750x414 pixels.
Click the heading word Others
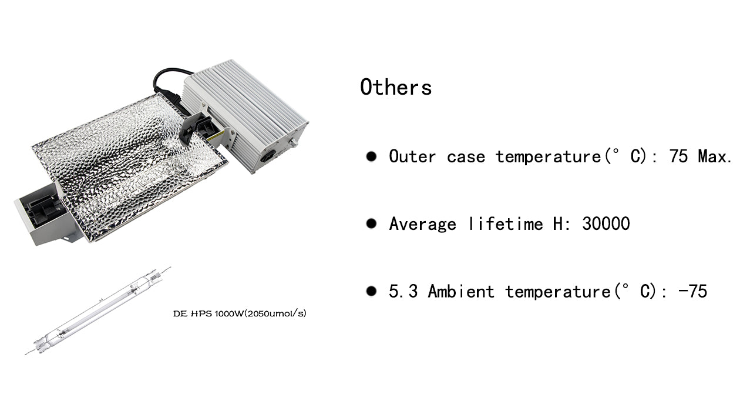396,87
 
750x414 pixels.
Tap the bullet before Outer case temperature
371,156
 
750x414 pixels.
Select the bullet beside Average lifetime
371,223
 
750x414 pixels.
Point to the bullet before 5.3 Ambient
371,291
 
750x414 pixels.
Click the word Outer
412,156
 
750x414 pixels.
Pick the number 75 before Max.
679,156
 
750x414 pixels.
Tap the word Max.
715,156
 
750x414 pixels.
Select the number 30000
606,223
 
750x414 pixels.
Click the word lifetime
505,223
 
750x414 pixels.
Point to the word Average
422,224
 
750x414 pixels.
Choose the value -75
693,291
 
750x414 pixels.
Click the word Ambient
461,291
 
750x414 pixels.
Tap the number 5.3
403,291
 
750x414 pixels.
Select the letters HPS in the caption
201,314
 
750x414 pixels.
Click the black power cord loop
167,82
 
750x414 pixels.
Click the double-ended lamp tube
97,310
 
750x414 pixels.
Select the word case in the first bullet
466,157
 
